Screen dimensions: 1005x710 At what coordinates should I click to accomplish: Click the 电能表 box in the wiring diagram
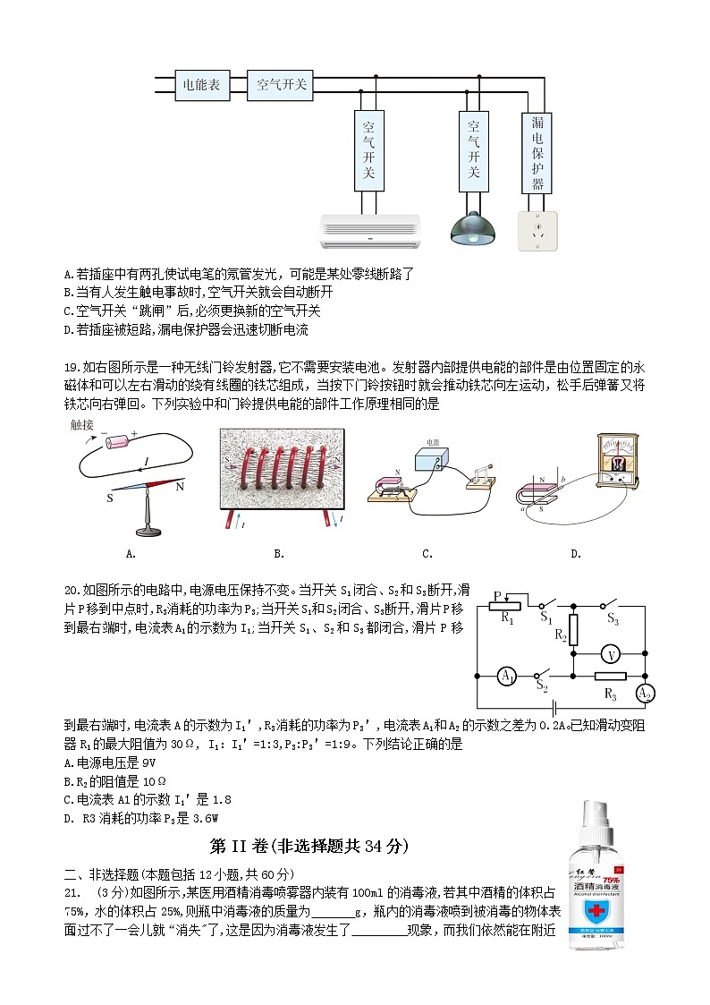click(201, 85)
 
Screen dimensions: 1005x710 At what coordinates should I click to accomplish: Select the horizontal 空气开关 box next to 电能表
click(280, 85)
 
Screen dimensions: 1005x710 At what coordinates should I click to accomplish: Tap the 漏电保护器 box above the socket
click(537, 152)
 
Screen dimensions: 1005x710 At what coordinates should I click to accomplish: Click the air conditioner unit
click(369, 231)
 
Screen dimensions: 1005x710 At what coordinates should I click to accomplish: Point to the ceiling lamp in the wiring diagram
click(474, 229)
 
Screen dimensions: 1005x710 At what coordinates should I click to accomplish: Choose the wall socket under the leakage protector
click(537, 230)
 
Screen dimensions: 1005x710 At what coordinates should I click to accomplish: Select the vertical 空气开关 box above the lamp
click(474, 152)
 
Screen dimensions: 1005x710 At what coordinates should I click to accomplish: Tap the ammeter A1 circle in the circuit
click(506, 677)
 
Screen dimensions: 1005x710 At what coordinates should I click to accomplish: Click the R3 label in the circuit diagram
click(611, 694)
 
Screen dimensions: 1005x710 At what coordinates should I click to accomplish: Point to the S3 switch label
click(613, 618)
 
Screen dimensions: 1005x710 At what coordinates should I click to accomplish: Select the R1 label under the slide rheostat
click(506, 617)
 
